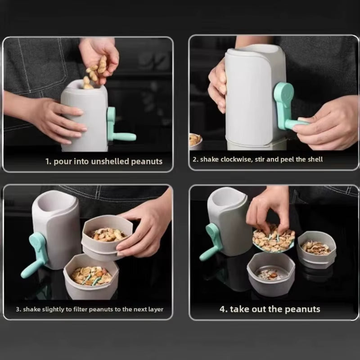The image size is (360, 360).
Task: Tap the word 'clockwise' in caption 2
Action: pos(236,159)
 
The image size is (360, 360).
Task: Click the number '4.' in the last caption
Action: pos(224,309)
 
